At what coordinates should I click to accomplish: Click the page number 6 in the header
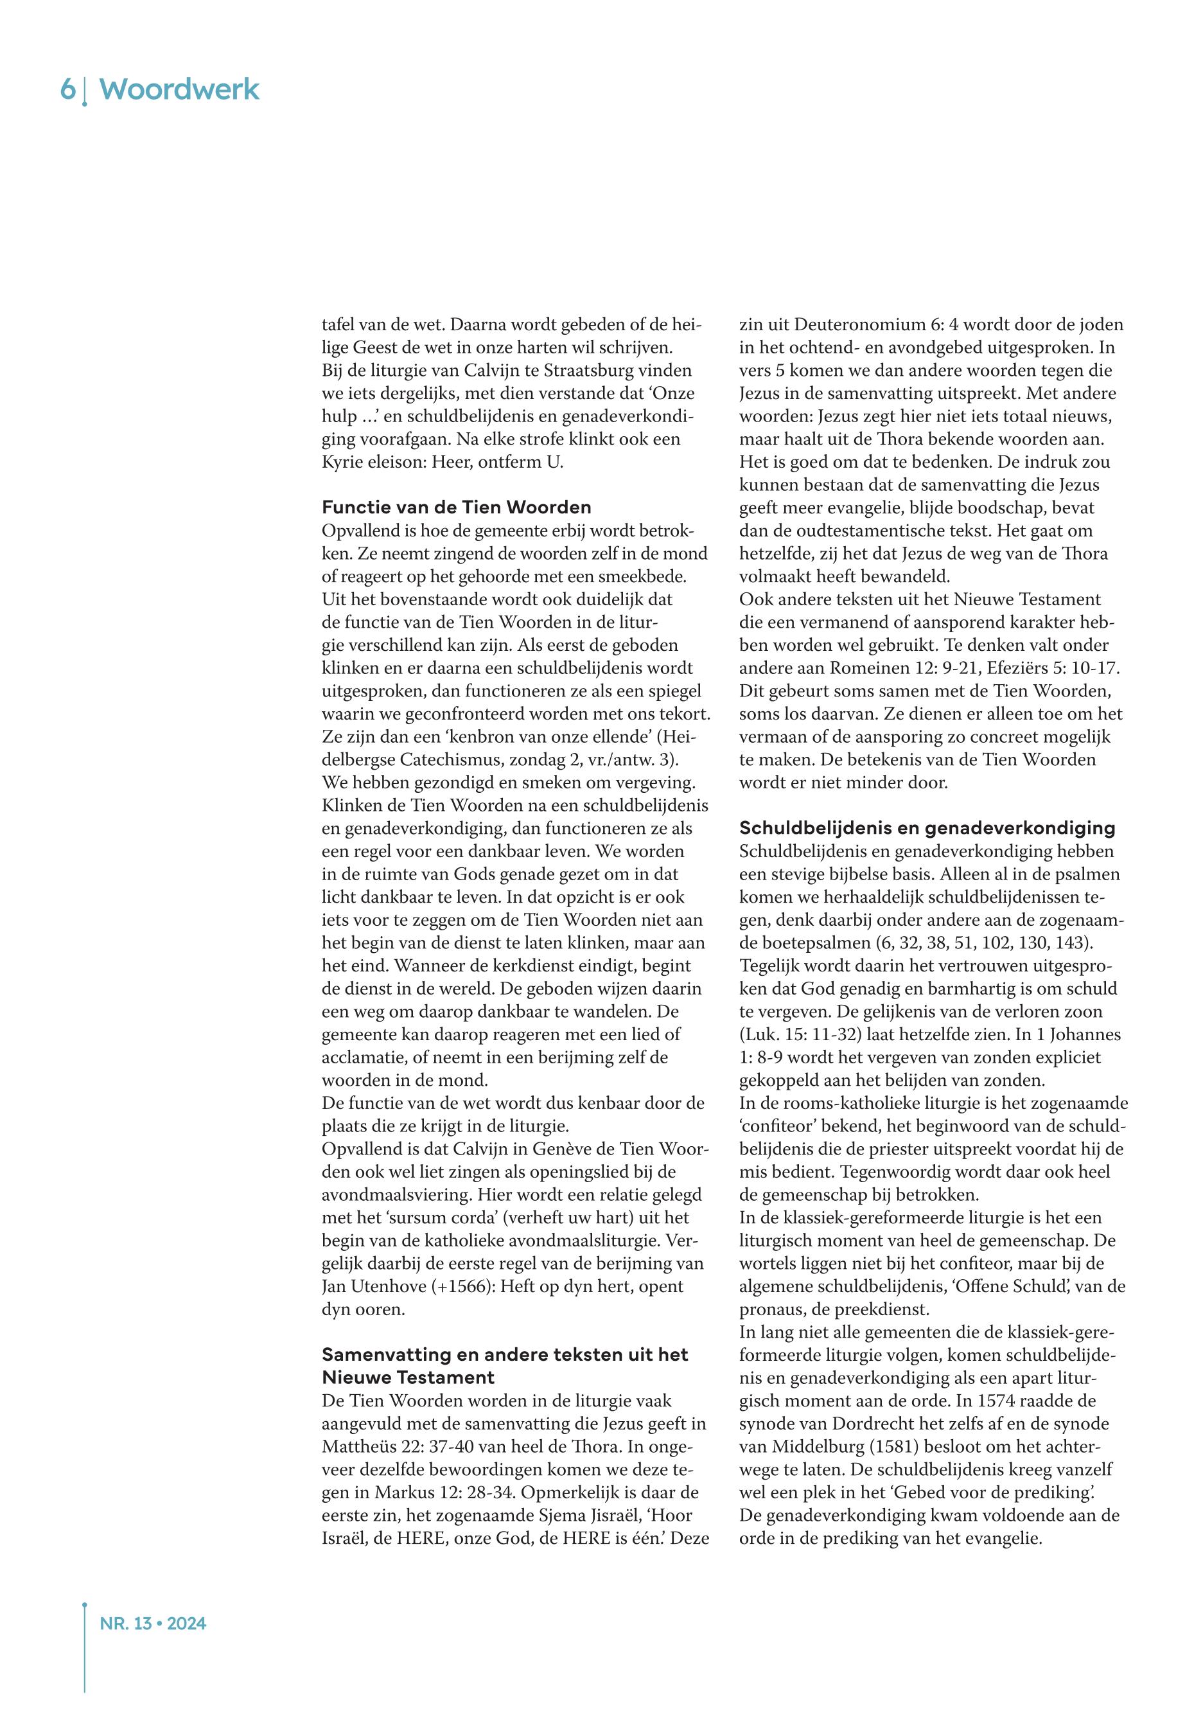pos(67,90)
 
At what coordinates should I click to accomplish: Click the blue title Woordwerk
pos(180,90)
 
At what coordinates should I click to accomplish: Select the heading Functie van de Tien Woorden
pos(457,508)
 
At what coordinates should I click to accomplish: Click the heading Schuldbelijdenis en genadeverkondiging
pos(927,828)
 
